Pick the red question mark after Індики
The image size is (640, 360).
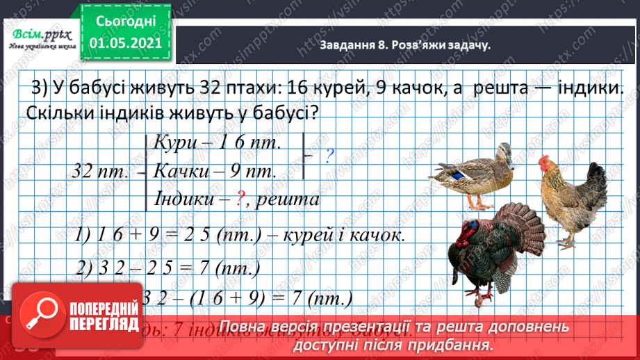[238, 199]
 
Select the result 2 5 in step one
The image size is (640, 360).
[204, 235]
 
